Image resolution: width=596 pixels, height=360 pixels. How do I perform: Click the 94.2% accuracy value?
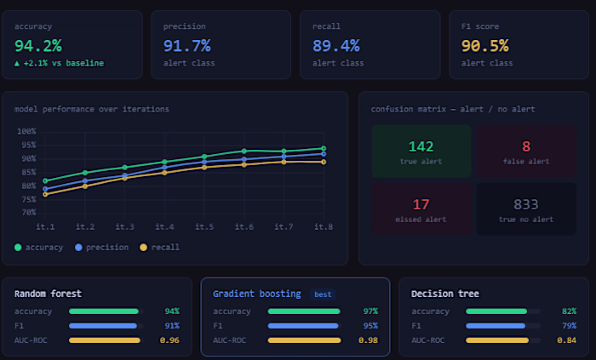38,46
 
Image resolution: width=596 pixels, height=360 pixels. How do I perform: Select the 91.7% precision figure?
186,46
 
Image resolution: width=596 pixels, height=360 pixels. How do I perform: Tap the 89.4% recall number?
336,46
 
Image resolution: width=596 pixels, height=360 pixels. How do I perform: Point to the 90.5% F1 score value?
485,46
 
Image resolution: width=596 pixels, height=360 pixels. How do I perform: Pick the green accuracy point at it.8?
324,148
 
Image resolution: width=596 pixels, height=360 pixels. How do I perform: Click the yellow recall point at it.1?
45,194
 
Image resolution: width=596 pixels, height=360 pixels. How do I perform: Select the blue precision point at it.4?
164,167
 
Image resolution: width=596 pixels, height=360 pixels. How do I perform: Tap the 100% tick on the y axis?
26,131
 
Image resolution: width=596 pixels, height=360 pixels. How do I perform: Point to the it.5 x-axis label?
204,226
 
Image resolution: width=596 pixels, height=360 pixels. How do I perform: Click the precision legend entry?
102,247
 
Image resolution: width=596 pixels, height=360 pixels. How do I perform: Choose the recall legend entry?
160,247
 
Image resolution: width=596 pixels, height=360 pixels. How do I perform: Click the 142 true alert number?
421,146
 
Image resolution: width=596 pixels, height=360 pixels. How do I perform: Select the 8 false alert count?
526,146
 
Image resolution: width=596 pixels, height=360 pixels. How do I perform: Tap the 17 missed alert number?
421,204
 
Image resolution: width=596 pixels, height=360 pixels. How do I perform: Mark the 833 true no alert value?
526,204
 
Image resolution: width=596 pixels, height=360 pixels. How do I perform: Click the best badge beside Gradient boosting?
323,294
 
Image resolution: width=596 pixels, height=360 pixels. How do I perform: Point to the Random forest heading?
48,294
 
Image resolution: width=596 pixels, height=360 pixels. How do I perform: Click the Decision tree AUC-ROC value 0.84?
567,340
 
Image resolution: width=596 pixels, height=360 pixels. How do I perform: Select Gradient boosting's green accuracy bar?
304,311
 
